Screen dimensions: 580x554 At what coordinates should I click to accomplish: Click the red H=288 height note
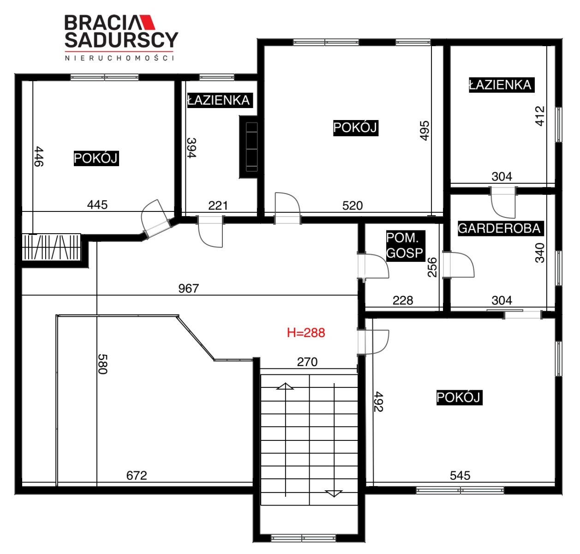pyautogui.click(x=305, y=333)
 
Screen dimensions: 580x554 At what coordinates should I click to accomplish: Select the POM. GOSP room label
pyautogui.click(x=405, y=246)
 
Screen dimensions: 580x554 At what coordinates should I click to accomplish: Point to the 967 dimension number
pyautogui.click(x=188, y=289)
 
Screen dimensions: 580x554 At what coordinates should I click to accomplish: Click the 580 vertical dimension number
pyautogui.click(x=102, y=364)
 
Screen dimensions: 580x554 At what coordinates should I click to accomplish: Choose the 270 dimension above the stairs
pyautogui.click(x=307, y=362)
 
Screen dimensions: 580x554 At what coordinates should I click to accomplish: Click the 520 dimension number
pyautogui.click(x=353, y=205)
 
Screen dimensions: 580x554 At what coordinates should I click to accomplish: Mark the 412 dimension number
pyautogui.click(x=540, y=116)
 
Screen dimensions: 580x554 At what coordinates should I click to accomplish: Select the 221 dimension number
pyautogui.click(x=218, y=205)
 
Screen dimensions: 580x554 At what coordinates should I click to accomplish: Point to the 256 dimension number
pyautogui.click(x=432, y=267)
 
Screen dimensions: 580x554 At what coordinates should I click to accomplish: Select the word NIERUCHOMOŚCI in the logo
pyautogui.click(x=119, y=58)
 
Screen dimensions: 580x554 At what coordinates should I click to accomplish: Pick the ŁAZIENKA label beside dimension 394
pyautogui.click(x=219, y=100)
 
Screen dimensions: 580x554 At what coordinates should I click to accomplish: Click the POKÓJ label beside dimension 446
pyautogui.click(x=96, y=158)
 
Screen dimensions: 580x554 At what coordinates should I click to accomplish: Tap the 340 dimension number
pyautogui.click(x=540, y=253)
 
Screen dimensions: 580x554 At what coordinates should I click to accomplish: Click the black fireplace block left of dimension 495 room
pyautogui.click(x=248, y=147)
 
